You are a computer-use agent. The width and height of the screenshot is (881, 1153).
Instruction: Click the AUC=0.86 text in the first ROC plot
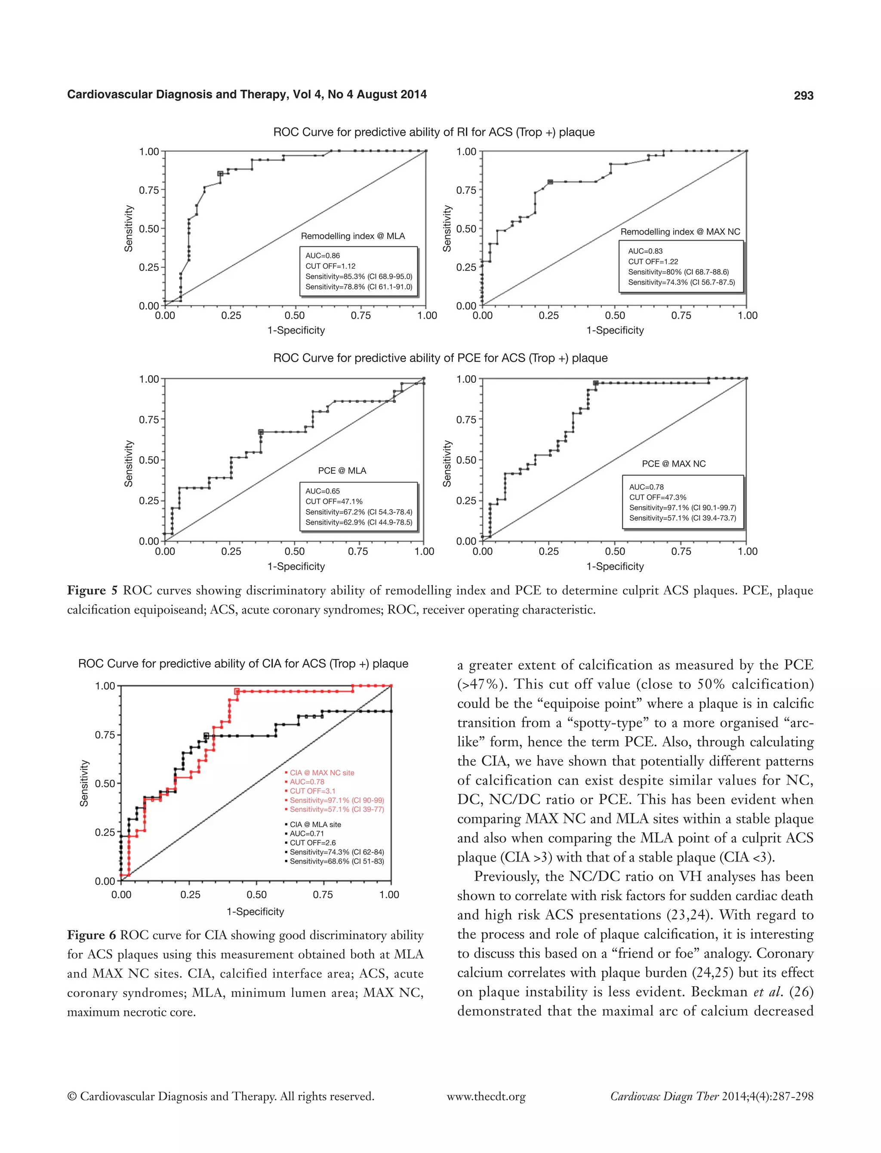tap(323, 256)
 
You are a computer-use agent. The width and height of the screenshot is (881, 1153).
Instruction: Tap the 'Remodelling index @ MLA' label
tap(352, 236)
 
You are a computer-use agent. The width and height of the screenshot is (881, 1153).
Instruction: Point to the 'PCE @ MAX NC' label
tap(673, 464)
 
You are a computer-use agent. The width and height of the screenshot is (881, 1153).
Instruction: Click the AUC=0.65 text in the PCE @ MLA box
tap(323, 491)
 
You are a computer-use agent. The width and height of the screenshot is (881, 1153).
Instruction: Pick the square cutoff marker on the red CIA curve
tap(237, 691)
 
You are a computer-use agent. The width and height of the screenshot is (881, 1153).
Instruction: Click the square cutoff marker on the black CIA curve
tap(206, 736)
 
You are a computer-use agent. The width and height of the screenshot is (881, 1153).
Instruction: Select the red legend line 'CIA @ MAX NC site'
tap(321, 773)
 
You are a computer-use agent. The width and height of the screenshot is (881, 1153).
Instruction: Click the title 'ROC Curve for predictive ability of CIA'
tap(243, 663)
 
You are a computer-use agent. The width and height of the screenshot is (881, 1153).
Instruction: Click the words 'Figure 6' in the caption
tap(91, 935)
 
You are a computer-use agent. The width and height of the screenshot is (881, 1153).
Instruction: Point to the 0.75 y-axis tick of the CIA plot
tap(105, 735)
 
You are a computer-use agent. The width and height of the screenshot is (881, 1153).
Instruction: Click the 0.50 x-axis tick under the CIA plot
tap(256, 895)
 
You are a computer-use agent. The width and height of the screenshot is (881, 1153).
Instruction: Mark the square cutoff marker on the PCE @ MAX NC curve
tap(595, 383)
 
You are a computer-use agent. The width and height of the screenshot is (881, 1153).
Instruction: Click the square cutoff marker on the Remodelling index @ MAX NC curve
tap(550, 182)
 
